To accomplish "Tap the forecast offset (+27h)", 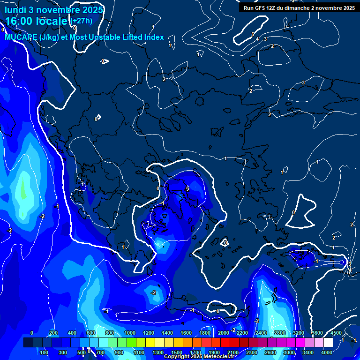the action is (x=82, y=21).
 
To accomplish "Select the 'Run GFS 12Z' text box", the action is (x=299, y=7).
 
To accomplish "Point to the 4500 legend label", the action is (x=336, y=333).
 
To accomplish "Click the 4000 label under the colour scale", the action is (x=327, y=352).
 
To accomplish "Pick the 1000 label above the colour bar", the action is (x=129, y=333).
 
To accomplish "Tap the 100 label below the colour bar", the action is (x=45, y=352).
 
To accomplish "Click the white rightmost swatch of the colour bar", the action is (x=328, y=343).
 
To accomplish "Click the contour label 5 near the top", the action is (x=252, y=34).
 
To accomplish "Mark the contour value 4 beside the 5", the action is (x=257, y=38).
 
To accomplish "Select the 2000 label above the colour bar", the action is (x=224, y=333).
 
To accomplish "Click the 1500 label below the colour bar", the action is (x=177, y=352).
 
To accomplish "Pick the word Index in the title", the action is (x=154, y=37).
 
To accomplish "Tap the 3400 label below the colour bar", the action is (x=308, y=352).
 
